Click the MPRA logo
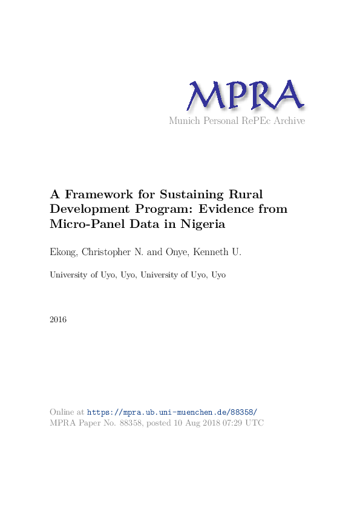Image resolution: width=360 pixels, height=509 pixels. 245,96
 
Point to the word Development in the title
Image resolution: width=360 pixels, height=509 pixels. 88,210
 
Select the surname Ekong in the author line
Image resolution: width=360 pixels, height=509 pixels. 62,251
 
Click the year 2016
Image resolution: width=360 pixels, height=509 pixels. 58,319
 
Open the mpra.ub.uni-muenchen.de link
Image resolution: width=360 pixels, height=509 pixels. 172,412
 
